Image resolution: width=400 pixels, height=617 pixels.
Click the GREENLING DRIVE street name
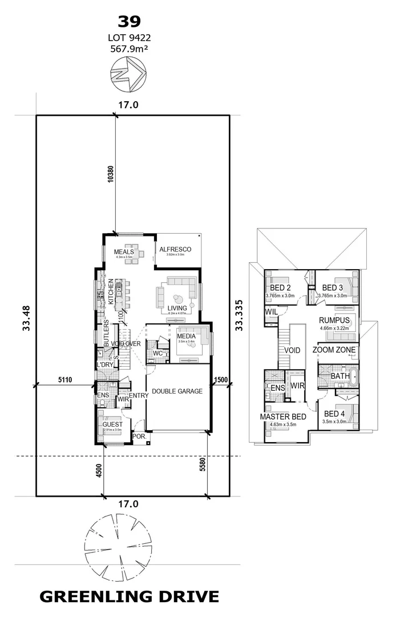129,597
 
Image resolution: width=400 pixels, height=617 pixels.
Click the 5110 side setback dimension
67,379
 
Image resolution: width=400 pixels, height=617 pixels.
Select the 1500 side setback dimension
221,379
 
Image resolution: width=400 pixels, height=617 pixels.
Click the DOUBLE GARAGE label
177,392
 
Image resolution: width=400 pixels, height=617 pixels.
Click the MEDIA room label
186,336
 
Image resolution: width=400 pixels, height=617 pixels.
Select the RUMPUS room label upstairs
334,320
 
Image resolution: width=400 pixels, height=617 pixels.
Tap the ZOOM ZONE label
334,350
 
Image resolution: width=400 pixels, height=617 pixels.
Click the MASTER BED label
283,417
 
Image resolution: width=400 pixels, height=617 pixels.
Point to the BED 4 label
335,414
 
